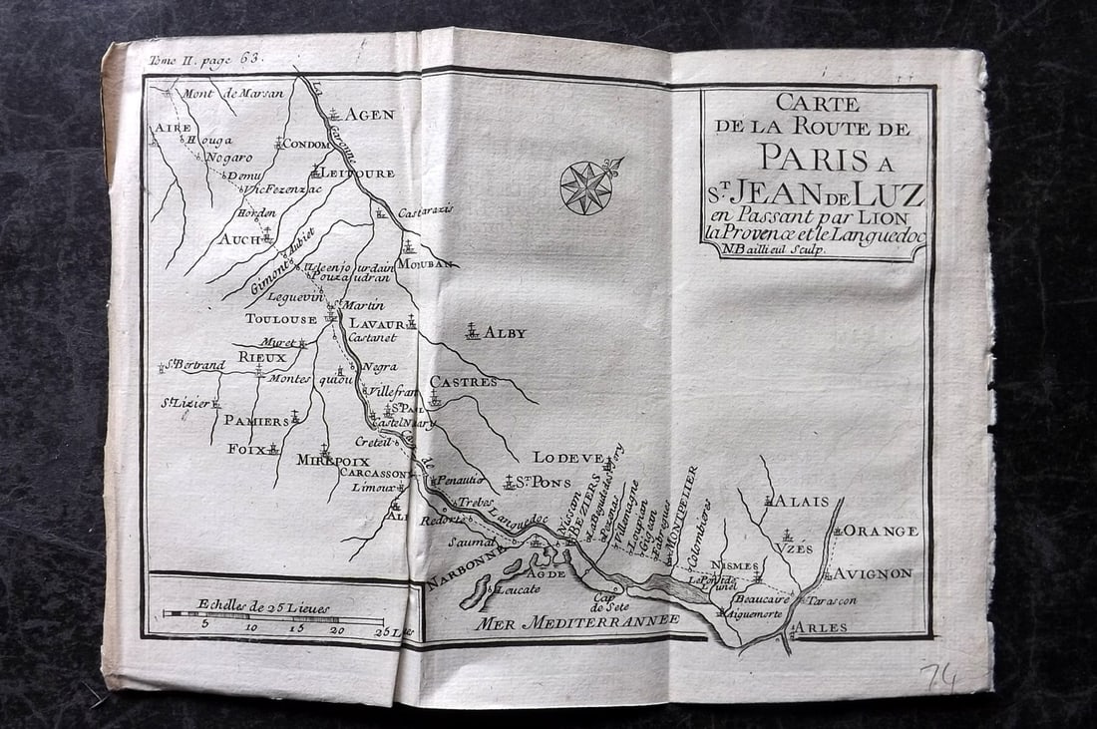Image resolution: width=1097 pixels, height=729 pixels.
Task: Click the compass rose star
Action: point(584,186)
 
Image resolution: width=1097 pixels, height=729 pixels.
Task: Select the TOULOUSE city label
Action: point(281,319)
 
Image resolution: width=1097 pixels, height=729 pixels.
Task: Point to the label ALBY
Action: point(505,333)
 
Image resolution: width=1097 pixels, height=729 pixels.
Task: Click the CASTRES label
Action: point(463,382)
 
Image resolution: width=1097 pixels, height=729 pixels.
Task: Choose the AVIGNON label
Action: point(874,573)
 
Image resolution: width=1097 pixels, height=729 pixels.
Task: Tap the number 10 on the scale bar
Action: point(250,628)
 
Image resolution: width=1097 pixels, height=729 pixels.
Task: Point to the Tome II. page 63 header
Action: point(205,60)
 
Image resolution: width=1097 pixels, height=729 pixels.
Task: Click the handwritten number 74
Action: point(939,677)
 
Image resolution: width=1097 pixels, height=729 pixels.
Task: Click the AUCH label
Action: point(239,239)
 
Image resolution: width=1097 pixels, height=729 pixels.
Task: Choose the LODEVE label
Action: point(567,458)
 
